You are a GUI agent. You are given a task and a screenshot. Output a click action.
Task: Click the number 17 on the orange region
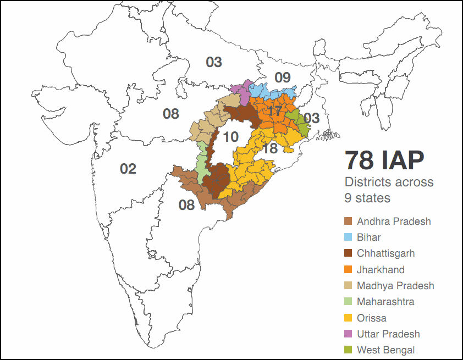coord(274,112)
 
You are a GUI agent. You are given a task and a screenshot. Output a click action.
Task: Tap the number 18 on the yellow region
coord(269,148)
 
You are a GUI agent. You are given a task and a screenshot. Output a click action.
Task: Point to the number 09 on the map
coord(282,77)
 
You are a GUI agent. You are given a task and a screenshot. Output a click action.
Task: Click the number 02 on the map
coord(128,169)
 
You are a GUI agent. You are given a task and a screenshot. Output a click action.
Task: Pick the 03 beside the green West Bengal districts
coord(311,118)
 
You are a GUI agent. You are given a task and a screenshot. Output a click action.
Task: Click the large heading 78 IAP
coord(384,160)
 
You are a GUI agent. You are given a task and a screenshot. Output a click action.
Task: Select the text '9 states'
coord(367,197)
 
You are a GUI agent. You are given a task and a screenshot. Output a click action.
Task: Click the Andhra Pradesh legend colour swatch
coord(348,221)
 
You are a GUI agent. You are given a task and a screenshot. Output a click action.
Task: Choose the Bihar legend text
coord(368,237)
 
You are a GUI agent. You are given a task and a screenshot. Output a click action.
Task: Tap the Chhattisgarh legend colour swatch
coord(348,253)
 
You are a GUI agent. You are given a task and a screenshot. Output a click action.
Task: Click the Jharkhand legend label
coord(381,270)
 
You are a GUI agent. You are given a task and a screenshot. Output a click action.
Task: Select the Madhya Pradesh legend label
coord(395,286)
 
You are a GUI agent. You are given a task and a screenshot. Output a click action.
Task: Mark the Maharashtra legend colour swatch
coord(348,302)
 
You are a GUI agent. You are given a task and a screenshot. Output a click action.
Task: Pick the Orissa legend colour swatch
coord(348,318)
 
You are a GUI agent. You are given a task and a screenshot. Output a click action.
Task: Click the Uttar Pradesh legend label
coord(388,334)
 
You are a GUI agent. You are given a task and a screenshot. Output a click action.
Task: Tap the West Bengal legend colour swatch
coord(348,350)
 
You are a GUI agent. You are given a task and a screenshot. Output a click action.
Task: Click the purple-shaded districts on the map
coord(242,90)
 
